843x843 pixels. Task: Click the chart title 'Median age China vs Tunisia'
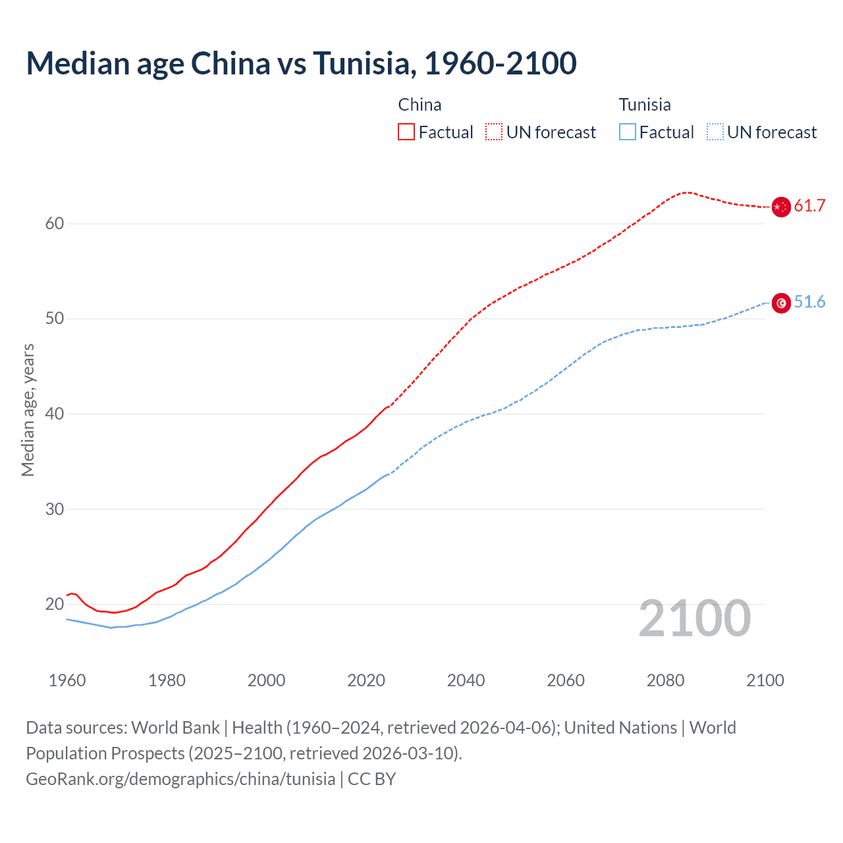(x=301, y=63)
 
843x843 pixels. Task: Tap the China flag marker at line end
(x=780, y=207)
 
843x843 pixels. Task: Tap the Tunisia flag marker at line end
(x=780, y=303)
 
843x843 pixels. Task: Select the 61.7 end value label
(x=809, y=206)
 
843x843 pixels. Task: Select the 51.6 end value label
(x=809, y=302)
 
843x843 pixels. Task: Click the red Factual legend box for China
(x=406, y=132)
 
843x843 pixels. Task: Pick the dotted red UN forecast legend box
(x=494, y=132)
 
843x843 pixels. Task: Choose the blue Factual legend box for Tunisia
(x=628, y=132)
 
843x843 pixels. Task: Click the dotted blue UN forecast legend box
(x=715, y=132)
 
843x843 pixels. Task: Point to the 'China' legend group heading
(x=420, y=105)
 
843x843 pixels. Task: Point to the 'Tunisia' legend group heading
(x=645, y=105)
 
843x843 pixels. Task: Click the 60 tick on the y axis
(x=55, y=224)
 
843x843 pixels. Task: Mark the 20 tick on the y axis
(x=55, y=605)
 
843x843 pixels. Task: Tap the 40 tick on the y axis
(x=55, y=414)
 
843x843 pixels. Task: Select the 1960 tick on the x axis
(x=67, y=680)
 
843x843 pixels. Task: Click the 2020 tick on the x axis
(x=366, y=680)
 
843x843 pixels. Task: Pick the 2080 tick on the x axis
(x=665, y=680)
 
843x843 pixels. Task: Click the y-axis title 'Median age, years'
(x=28, y=410)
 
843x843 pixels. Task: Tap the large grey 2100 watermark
(x=695, y=618)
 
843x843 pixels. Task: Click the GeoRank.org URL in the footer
(x=180, y=779)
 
